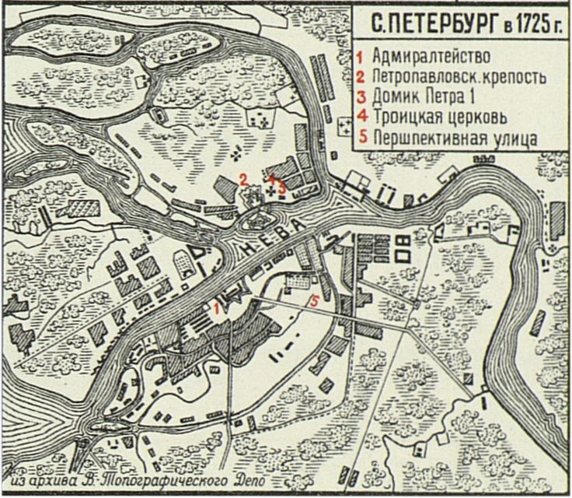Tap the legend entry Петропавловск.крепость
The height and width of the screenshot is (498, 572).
pos(459,78)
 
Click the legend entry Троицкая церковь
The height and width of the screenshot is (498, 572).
pos(440,118)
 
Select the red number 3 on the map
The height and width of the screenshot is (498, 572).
pos(282,187)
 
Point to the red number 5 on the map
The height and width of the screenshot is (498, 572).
pos(314,300)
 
